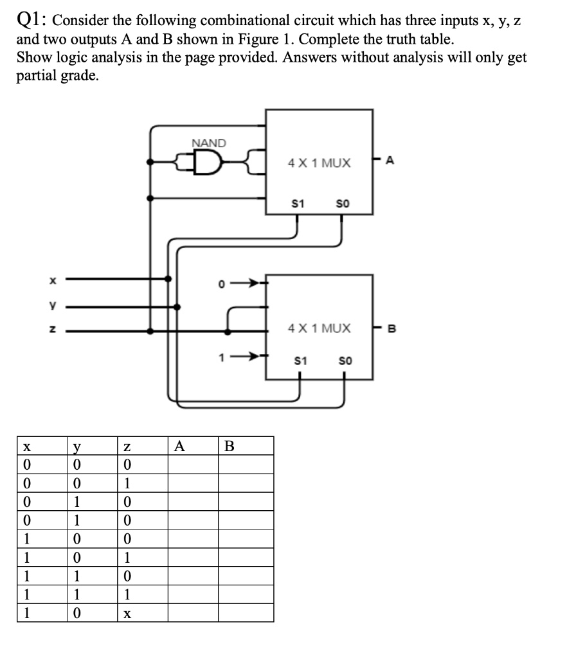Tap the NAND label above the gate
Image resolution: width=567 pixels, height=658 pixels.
[209, 143]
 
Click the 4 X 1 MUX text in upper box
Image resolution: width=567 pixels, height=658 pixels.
[319, 163]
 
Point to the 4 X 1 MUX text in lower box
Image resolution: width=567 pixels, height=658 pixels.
[319, 328]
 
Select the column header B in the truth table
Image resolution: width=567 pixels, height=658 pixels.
[230, 446]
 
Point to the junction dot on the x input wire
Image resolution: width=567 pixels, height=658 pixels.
[169, 280]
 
